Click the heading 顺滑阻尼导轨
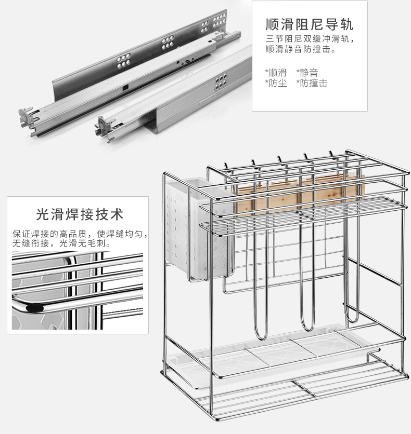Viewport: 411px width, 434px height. (310, 24)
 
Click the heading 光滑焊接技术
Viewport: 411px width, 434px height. (80, 214)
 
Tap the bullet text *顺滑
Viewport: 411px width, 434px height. (276, 72)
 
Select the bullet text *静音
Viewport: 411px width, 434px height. (307, 72)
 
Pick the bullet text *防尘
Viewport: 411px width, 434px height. (276, 83)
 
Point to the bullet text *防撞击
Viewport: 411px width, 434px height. (312, 83)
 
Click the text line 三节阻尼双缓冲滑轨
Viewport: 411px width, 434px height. (310, 39)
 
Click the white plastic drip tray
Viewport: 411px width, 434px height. (281, 350)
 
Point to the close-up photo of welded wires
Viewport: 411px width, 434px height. (77, 292)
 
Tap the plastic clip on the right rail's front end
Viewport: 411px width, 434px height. (105, 124)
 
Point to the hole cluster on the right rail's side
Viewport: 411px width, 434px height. (221, 80)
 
